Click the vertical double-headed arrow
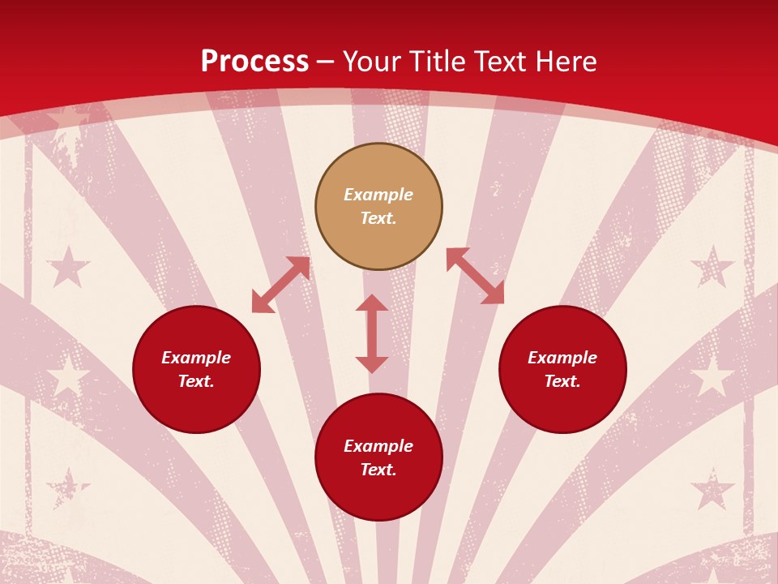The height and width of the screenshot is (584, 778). [372, 333]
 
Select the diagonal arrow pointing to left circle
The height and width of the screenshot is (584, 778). [281, 285]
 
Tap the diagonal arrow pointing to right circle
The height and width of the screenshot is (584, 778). [475, 276]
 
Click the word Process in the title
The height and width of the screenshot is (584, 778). [254, 62]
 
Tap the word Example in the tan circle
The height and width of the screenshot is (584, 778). [378, 195]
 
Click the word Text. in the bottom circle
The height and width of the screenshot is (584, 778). [378, 470]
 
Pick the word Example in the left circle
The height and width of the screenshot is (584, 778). [196, 358]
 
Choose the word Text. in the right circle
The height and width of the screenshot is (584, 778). [562, 381]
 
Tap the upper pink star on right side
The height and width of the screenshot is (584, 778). [712, 266]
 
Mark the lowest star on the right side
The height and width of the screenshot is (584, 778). [712, 489]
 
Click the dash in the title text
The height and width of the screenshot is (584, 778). [326, 62]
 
